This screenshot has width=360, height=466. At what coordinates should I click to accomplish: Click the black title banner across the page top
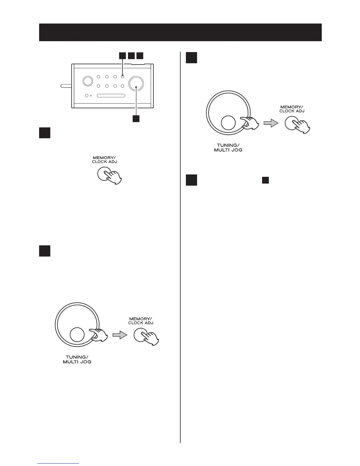180,32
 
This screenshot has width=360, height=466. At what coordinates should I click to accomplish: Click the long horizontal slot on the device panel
111,96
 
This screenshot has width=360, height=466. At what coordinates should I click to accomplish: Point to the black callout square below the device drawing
136,119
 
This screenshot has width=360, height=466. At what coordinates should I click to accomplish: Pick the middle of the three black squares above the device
131,55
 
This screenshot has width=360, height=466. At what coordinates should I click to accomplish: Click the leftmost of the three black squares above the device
122,55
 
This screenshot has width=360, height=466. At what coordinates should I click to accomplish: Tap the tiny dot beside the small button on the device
91,96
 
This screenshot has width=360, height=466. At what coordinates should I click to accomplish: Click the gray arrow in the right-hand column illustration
270,124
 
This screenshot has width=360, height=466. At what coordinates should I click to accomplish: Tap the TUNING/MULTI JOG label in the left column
77,360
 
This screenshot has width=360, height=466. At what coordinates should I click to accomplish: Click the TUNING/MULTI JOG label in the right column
228,147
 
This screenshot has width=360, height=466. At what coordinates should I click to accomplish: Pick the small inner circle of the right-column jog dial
228,123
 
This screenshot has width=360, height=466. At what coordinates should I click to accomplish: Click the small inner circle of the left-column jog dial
77,335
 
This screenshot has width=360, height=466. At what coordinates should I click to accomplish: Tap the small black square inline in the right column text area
265,180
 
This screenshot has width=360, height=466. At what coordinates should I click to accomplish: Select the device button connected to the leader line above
122,77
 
